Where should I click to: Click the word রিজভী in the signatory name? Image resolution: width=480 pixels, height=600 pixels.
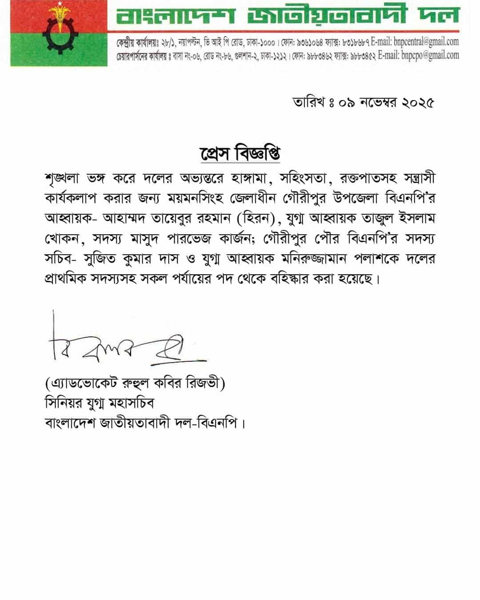click(x=209, y=383)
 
